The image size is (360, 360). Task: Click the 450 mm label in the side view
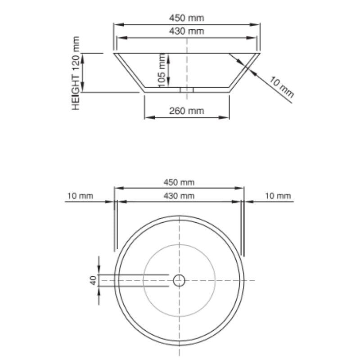tap(186, 18)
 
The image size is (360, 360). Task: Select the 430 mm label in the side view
tap(186, 31)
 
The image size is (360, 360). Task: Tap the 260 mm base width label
tap(186, 111)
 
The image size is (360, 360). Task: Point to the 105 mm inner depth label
tap(162, 70)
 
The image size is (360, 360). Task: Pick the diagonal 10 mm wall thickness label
tap(282, 87)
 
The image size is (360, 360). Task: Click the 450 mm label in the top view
tap(179, 182)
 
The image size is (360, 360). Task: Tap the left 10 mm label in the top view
tap(80, 196)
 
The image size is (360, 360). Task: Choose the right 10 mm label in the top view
tap(278, 196)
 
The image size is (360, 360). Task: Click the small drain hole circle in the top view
tap(180, 281)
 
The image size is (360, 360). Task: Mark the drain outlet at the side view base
tap(186, 90)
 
